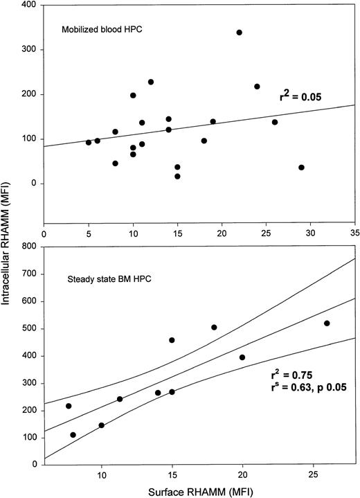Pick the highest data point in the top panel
[240, 33]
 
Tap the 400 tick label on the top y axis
[29, 6]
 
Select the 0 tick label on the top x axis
[44, 234]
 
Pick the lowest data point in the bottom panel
[73, 435]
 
